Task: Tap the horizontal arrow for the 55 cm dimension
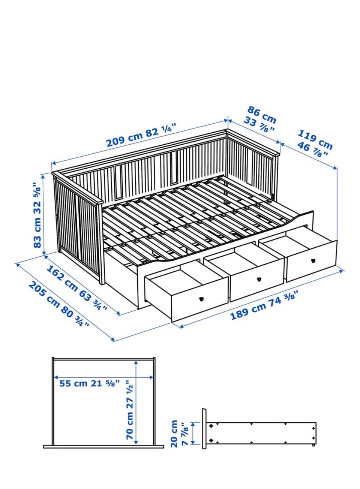[103, 377]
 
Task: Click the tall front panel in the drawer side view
[204, 432]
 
